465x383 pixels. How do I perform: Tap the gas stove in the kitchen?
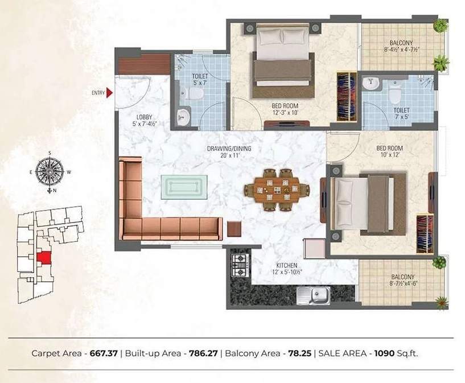[240, 265]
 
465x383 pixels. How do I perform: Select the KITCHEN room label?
[285, 266]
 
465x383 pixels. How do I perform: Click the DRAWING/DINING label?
[229, 149]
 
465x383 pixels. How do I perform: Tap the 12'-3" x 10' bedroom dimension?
[285, 113]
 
